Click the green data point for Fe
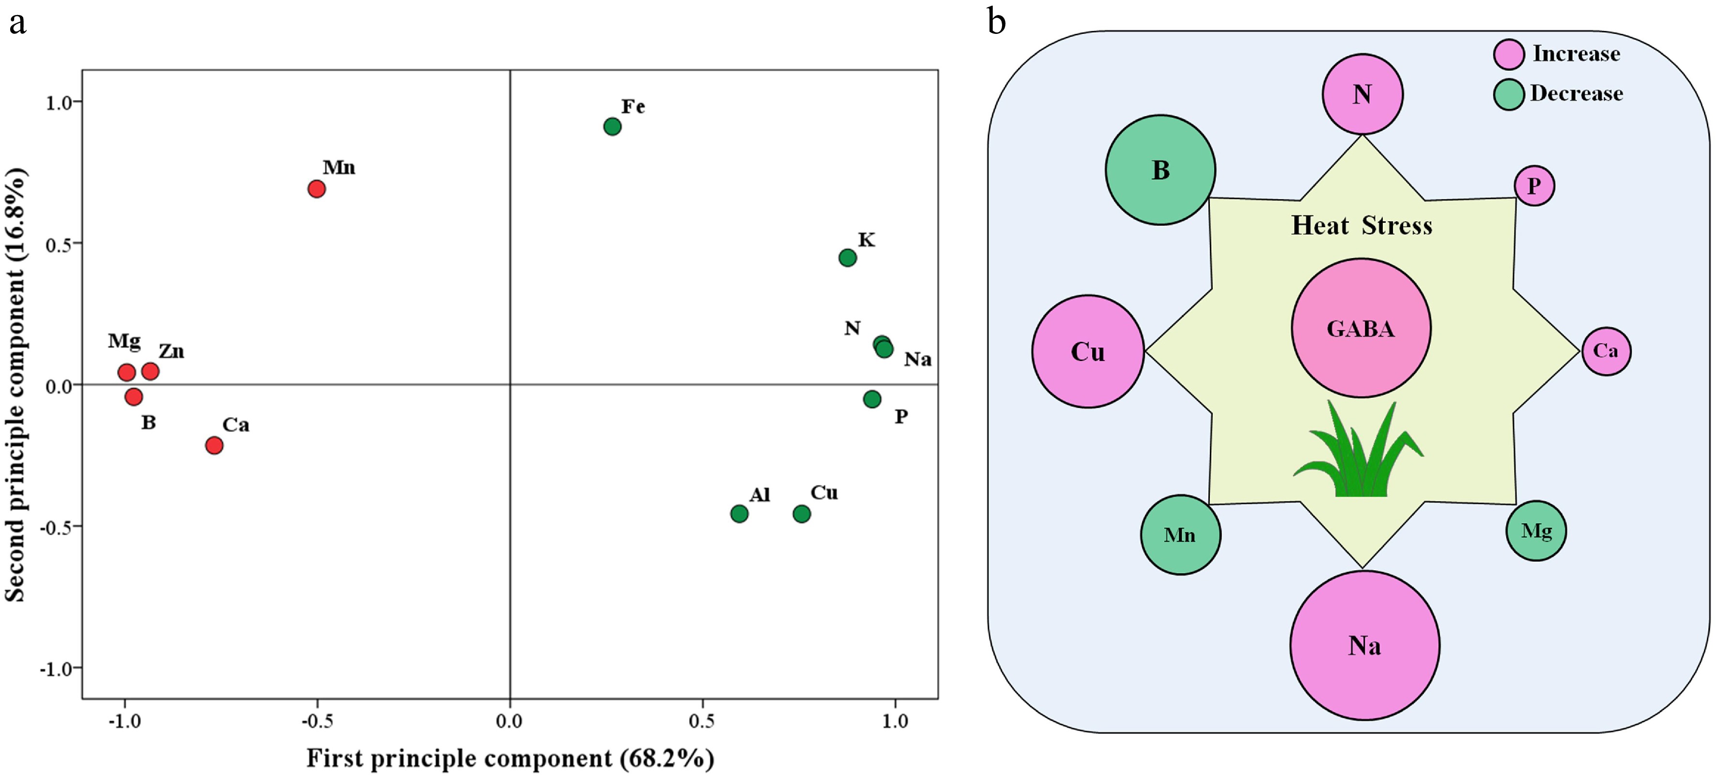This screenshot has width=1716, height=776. point(612,126)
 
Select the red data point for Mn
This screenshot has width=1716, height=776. point(316,189)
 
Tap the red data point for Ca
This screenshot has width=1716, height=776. point(214,445)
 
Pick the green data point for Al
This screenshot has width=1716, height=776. point(739,514)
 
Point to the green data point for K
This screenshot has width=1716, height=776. point(847,258)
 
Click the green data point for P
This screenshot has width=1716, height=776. point(872,399)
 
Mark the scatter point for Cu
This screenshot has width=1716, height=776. point(802,514)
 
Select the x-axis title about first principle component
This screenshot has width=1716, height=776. point(510,758)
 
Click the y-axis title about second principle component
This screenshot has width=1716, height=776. point(15,385)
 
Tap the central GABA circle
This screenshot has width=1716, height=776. point(1361,328)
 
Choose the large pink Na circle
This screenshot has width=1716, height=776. point(1364,645)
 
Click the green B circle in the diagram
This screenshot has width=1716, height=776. point(1160,170)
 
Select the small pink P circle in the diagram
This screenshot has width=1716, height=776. point(1534,186)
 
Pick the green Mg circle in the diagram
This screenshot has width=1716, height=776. point(1535,531)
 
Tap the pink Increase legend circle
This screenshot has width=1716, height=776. point(1508,54)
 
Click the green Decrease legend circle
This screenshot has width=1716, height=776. point(1508,94)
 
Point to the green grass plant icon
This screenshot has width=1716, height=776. point(1359,453)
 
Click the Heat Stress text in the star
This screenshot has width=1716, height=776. point(1361,226)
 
